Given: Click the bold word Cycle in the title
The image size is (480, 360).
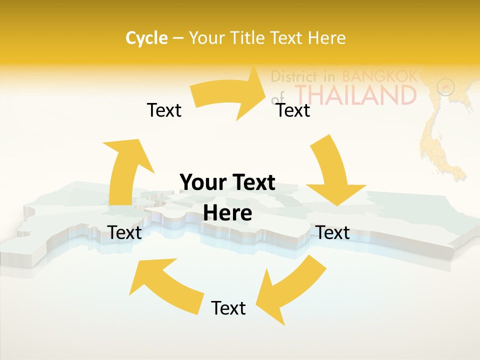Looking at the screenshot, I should pyautogui.click(x=146, y=38).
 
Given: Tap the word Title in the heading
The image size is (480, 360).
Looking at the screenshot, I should pyautogui.click(x=247, y=38).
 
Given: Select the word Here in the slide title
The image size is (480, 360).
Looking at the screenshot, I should pyautogui.click(x=327, y=38).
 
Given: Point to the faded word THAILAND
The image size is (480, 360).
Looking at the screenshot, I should pyautogui.click(x=355, y=94).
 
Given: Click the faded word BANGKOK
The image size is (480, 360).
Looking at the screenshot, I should pyautogui.click(x=379, y=76).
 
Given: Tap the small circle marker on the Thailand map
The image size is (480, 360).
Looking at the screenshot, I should pyautogui.click(x=446, y=87).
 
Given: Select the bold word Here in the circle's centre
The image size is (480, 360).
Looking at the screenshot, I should pyautogui.click(x=227, y=213).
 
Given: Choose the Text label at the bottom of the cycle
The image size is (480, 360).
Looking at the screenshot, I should pyautogui.click(x=228, y=308).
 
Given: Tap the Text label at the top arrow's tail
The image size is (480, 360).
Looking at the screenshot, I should pyautogui.click(x=164, y=110).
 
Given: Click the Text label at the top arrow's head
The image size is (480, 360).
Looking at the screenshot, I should pyautogui.click(x=293, y=110).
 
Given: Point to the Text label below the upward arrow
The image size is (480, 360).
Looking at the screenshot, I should pyautogui.click(x=124, y=232).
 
